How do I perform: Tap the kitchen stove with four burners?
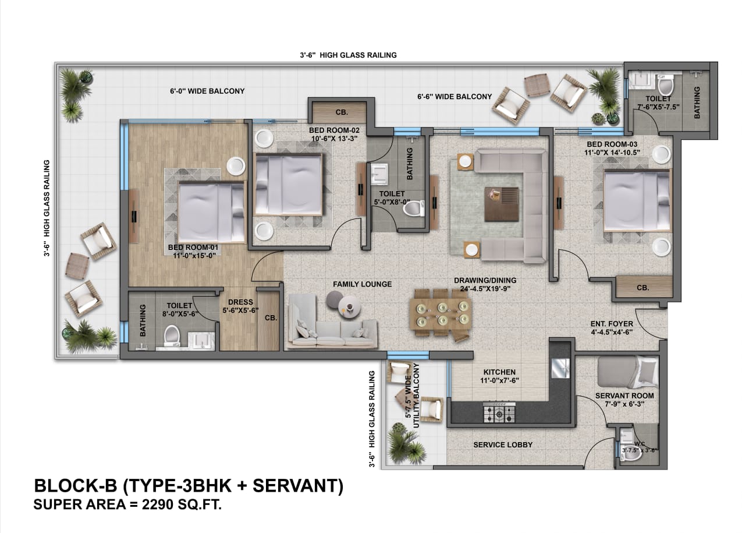499,413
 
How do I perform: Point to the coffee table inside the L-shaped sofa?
500,203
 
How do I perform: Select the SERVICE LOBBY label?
503,445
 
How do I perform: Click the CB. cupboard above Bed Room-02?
340,112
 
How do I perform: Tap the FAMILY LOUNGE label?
362,284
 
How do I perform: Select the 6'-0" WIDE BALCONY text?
207,91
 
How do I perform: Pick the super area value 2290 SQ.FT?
128,504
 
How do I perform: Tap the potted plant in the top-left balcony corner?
77,89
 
